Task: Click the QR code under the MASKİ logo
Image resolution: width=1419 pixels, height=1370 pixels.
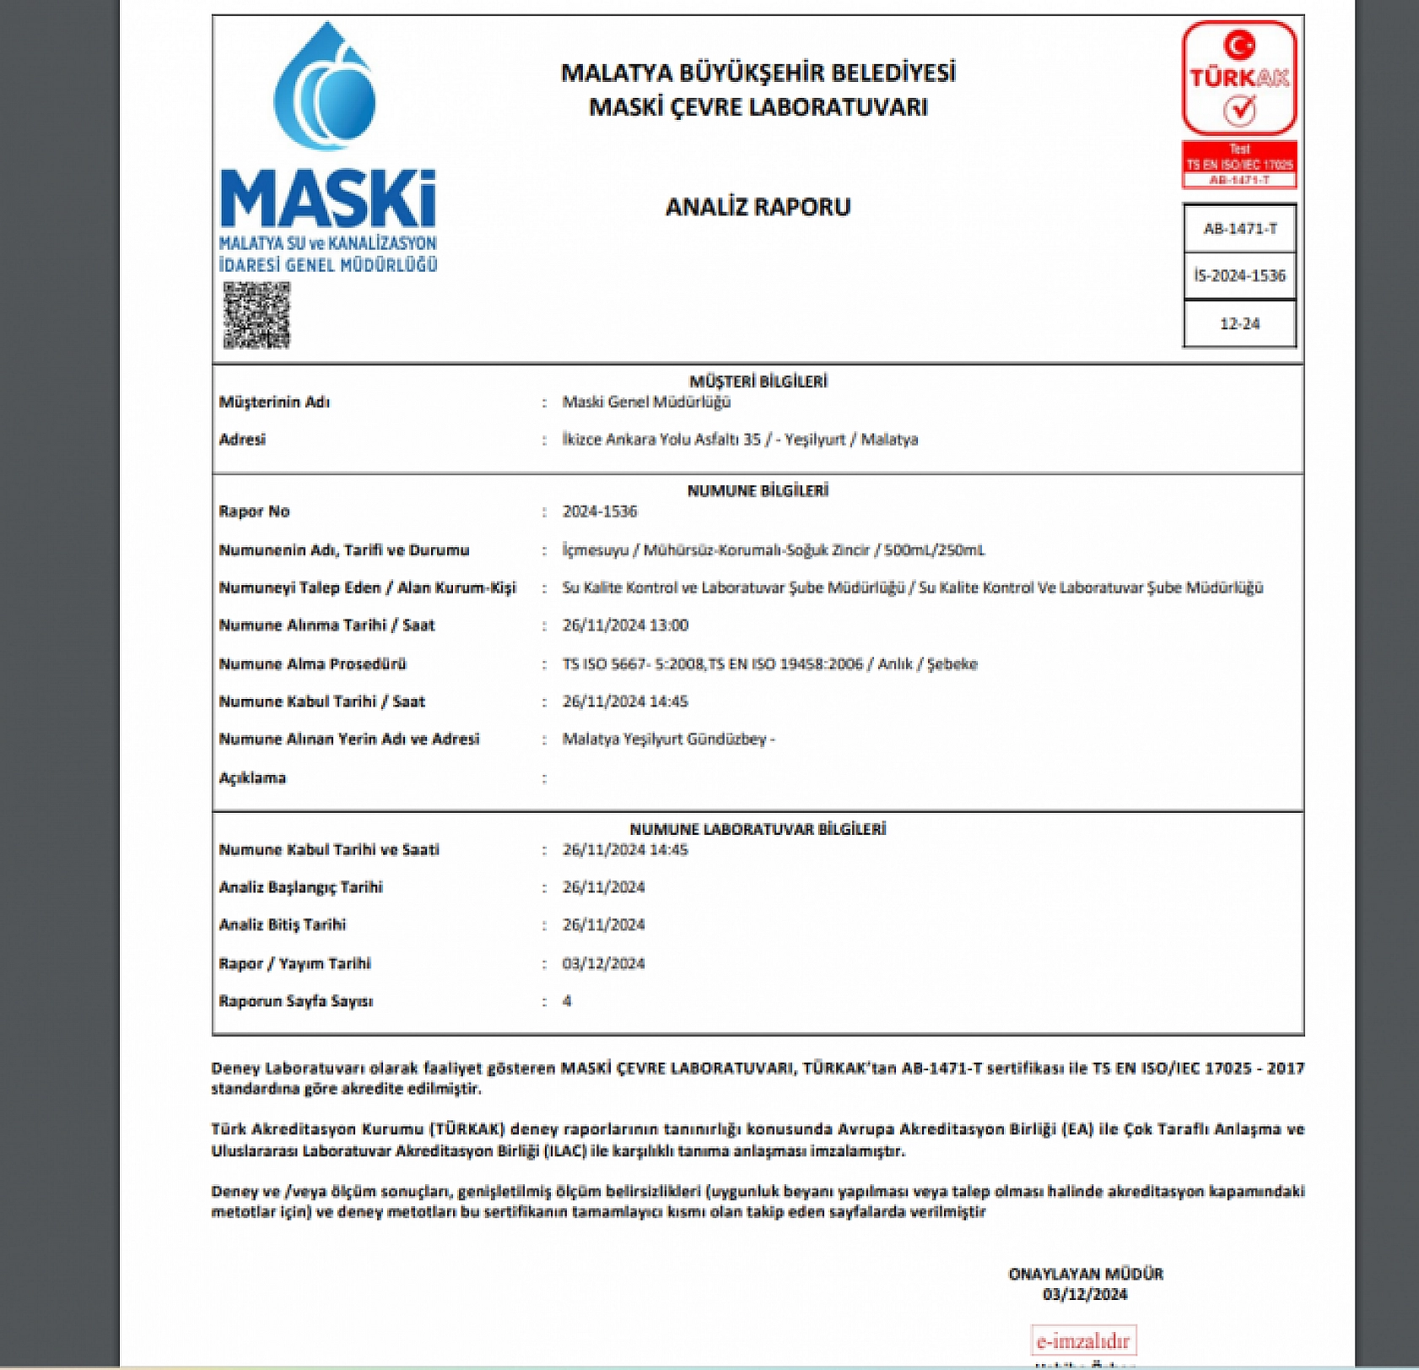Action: (x=256, y=315)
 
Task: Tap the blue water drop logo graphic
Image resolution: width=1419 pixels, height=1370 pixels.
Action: (x=325, y=88)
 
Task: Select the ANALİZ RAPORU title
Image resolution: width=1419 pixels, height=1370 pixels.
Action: (x=758, y=207)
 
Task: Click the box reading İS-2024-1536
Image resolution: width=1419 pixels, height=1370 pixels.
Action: (x=1239, y=275)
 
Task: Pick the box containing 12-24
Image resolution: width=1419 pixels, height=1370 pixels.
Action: (x=1239, y=323)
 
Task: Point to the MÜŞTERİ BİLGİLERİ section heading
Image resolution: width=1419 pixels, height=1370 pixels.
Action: (x=758, y=382)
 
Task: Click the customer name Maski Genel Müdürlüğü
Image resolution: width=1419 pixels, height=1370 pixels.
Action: (x=646, y=402)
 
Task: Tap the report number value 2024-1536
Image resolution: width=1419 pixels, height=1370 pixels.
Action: (x=600, y=512)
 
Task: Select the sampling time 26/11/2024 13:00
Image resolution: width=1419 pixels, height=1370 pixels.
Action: (x=625, y=625)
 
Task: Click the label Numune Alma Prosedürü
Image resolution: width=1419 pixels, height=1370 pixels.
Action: (x=312, y=664)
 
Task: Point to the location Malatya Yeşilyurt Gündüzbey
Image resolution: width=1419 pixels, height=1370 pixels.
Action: (x=667, y=739)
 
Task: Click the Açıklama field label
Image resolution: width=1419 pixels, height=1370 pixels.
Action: (x=252, y=778)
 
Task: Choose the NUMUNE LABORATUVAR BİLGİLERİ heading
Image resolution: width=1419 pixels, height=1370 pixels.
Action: (x=758, y=830)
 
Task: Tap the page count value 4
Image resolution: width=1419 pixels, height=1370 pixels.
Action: (x=567, y=1001)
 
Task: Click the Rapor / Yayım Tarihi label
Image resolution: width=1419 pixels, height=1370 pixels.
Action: (x=294, y=964)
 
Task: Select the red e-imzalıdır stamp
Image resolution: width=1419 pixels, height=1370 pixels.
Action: (x=1083, y=1340)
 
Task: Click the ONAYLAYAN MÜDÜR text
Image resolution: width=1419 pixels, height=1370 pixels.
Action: (x=1086, y=1274)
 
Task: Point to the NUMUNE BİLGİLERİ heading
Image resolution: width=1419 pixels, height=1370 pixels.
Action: (x=758, y=491)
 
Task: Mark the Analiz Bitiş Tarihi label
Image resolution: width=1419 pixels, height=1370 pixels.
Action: (x=282, y=925)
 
